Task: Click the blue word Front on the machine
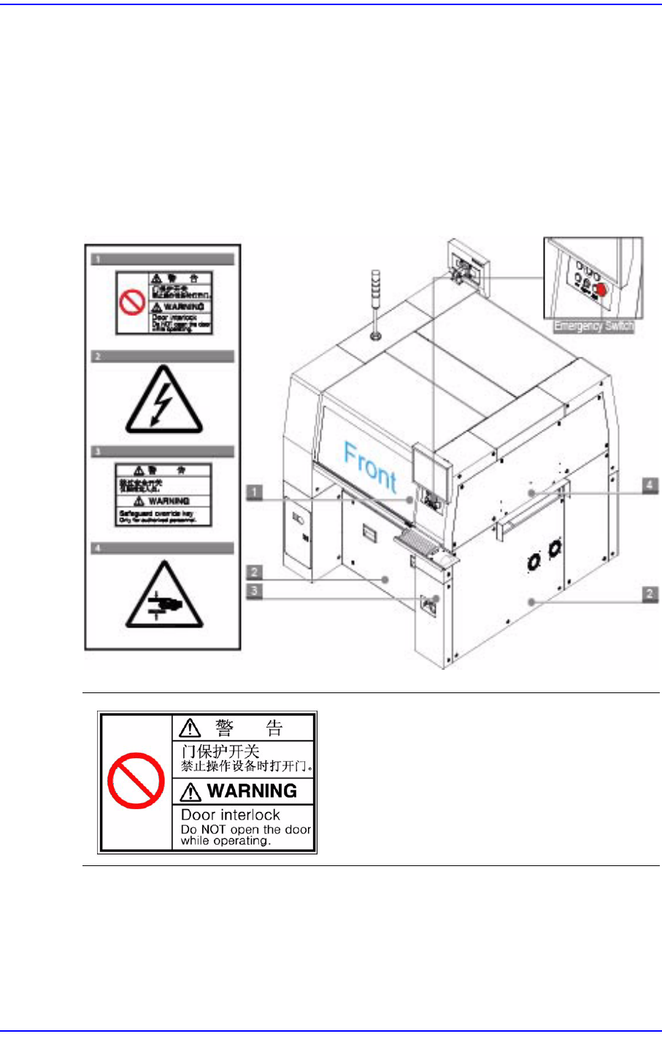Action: (370, 468)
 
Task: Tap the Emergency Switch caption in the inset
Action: (593, 326)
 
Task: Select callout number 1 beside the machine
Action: (254, 493)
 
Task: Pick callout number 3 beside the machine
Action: (254, 590)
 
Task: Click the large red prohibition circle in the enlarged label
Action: (136, 781)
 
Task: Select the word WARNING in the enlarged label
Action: (252, 791)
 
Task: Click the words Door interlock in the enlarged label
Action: (231, 815)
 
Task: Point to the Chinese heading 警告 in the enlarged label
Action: (249, 727)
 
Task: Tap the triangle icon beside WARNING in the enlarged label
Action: (190, 792)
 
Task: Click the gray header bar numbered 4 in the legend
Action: (163, 548)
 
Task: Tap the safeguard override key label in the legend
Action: (163, 494)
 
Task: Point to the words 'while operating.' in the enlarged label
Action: (226, 841)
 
